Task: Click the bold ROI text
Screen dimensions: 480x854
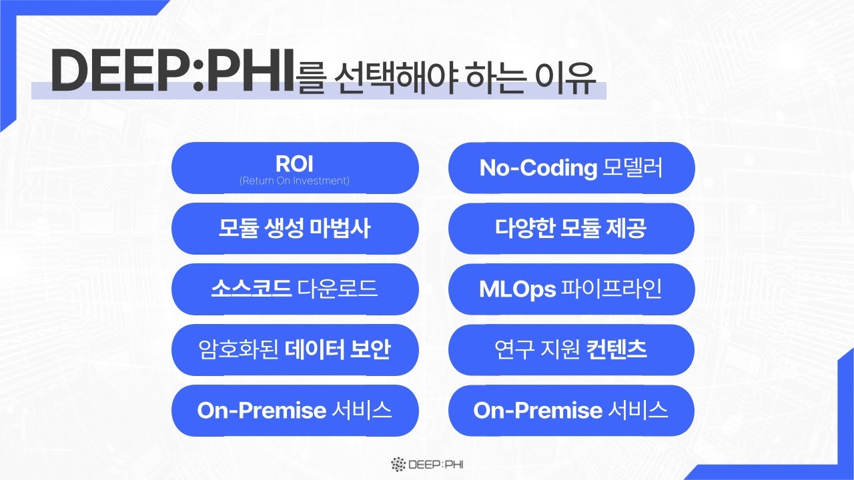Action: [294, 164]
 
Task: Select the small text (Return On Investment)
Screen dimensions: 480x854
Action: [294, 181]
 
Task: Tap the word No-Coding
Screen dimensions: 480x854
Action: [538, 169]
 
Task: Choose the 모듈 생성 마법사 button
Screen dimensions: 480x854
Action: [294, 229]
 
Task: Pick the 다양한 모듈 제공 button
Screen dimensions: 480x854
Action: [571, 229]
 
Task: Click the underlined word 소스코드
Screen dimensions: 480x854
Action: [252, 289]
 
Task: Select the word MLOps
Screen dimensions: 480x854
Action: [518, 289]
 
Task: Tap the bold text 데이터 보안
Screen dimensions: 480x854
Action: [338, 350]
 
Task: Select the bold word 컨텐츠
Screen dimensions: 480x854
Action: [617, 350]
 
